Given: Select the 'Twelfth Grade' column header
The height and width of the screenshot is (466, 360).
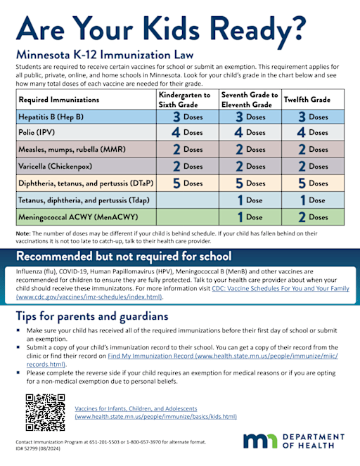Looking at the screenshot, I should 307,100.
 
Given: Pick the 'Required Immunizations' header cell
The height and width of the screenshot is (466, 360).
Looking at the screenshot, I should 59,100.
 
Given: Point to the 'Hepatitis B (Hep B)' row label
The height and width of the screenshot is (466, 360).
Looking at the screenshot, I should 51,117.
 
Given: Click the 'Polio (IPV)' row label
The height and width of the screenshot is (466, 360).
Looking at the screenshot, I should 39,132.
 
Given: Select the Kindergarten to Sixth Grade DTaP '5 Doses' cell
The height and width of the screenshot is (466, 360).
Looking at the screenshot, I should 187,183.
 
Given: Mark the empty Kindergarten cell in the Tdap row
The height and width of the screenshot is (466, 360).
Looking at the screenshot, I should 187,200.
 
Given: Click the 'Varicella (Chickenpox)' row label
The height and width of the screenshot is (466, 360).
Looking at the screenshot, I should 57,167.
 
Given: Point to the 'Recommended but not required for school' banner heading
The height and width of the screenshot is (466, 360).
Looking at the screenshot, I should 124,254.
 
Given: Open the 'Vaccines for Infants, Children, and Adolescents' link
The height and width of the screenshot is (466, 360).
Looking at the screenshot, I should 136,408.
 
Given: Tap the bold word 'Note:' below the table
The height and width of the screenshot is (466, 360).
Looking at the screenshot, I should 23,232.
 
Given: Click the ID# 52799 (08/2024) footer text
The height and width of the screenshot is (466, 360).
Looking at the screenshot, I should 42,448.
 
